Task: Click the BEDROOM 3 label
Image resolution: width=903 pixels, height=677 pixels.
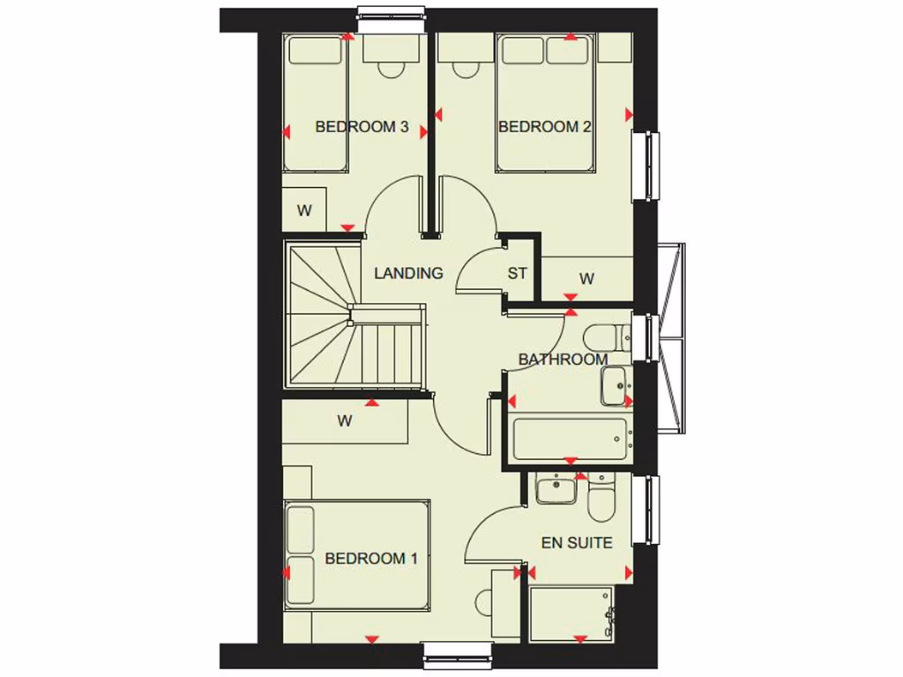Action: [x=361, y=127]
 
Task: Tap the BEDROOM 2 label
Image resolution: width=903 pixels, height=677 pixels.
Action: [x=544, y=127]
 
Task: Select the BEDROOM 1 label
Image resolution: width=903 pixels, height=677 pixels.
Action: [x=370, y=558]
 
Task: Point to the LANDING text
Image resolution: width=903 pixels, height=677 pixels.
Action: [x=408, y=273]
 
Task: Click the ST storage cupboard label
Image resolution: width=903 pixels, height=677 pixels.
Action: [x=517, y=273]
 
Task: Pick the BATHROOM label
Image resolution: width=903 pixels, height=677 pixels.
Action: [x=563, y=360]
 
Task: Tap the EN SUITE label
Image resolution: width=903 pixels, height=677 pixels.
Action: [x=577, y=543]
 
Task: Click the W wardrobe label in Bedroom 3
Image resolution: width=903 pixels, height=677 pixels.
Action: [x=304, y=211]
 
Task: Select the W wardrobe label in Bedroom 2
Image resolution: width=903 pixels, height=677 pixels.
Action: [x=586, y=279]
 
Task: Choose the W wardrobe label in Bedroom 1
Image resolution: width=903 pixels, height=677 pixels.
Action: [x=344, y=421]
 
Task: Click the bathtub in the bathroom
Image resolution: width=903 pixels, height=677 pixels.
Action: [x=571, y=438]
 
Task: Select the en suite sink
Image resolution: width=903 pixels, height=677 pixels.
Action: [x=556, y=488]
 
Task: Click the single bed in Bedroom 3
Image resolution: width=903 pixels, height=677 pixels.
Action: [x=315, y=106]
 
